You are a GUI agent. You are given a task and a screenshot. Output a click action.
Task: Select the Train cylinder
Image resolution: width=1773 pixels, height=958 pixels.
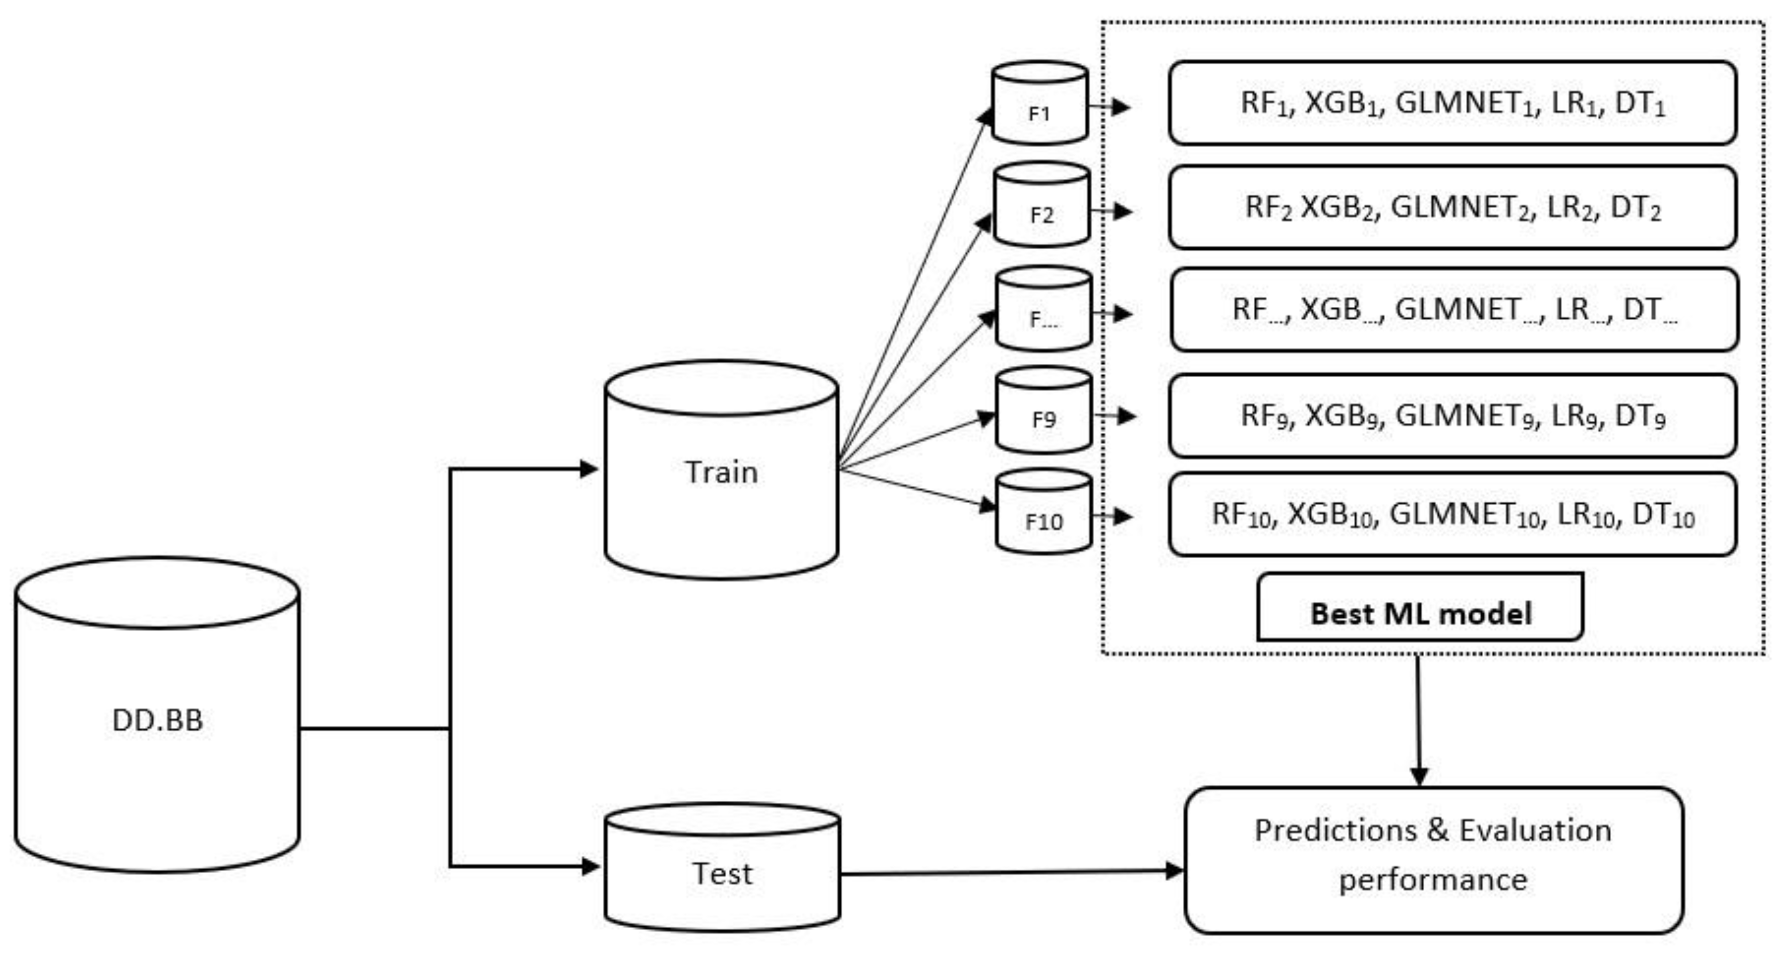click(721, 471)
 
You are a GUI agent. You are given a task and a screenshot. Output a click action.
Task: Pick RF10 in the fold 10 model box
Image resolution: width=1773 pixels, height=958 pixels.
click(1243, 515)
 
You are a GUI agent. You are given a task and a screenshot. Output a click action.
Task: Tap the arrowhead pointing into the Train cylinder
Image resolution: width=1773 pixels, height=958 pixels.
click(589, 470)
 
